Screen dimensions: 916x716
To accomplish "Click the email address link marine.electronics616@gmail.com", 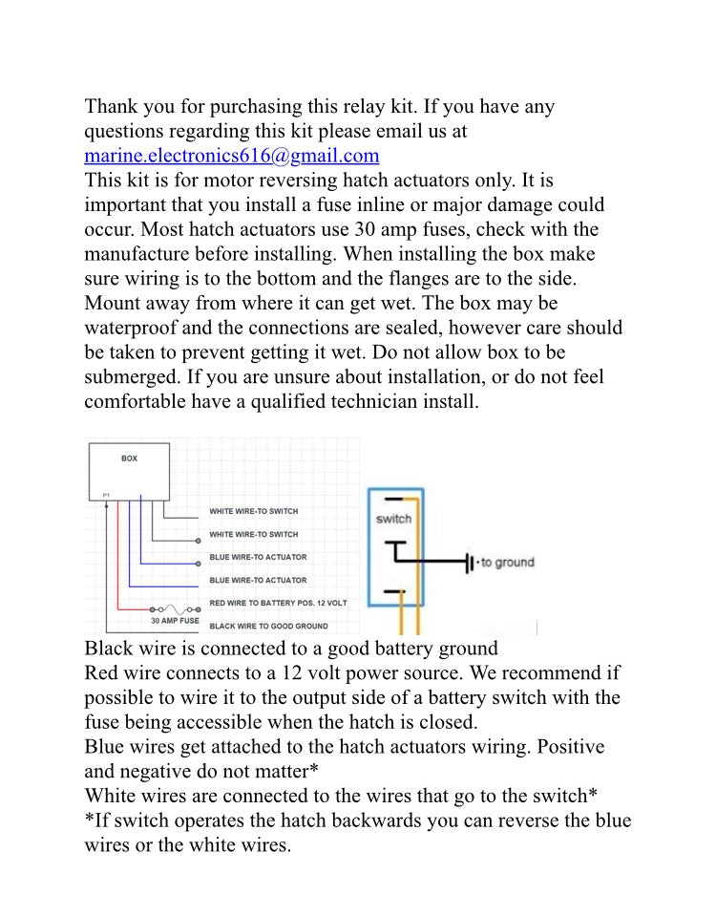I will click(x=232, y=156).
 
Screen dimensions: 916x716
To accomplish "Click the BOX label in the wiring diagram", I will click(x=129, y=458).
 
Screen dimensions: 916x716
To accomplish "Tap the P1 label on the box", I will click(x=106, y=495).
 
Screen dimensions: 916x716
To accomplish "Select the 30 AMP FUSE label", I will click(x=175, y=620).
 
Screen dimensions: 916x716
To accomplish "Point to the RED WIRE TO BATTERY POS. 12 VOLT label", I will click(x=278, y=604).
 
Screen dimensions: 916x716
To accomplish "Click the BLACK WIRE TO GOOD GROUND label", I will click(x=268, y=627).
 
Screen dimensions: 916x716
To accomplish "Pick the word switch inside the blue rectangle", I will click(x=393, y=519).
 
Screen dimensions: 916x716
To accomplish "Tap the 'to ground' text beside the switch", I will click(x=505, y=563).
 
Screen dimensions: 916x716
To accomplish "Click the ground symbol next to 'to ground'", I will click(x=469, y=563).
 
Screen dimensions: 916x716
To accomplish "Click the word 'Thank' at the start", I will click(x=114, y=106).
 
